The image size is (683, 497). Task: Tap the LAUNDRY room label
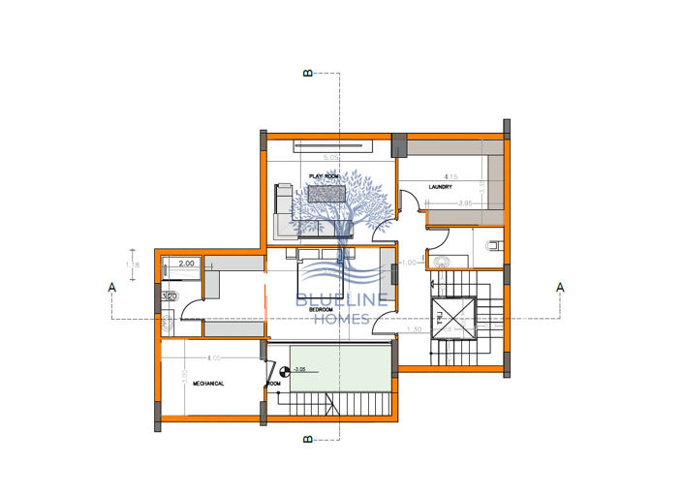pyautogui.click(x=441, y=188)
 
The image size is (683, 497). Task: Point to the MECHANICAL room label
pyautogui.click(x=208, y=384)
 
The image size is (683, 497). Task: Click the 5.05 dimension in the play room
pyautogui.click(x=330, y=157)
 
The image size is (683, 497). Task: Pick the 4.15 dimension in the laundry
pyautogui.click(x=450, y=176)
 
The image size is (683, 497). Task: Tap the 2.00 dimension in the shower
pyautogui.click(x=187, y=263)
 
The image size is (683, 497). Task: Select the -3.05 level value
pyautogui.click(x=299, y=370)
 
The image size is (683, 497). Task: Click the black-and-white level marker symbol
pyautogui.click(x=284, y=370)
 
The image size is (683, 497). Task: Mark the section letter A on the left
pyautogui.click(x=112, y=287)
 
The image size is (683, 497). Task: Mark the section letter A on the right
pyautogui.click(x=560, y=287)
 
